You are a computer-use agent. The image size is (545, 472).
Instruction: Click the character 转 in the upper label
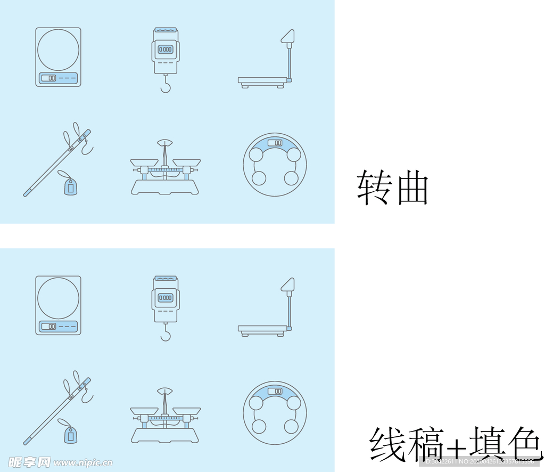(374, 188)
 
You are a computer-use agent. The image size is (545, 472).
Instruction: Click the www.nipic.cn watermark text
(82, 462)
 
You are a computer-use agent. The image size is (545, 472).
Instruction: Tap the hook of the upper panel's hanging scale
(166, 86)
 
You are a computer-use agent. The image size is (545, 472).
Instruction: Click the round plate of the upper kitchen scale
(58, 50)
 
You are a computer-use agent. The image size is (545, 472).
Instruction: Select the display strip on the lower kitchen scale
(58, 326)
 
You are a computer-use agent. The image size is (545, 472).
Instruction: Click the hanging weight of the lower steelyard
(69, 435)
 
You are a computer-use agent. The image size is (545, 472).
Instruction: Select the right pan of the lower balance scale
(187, 411)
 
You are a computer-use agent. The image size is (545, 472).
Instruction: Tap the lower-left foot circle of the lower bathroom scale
(259, 426)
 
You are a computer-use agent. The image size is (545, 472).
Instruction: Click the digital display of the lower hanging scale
(166, 298)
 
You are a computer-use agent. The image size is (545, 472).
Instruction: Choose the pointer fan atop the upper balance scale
(165, 143)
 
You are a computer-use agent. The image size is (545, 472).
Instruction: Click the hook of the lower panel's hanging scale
(166, 335)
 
